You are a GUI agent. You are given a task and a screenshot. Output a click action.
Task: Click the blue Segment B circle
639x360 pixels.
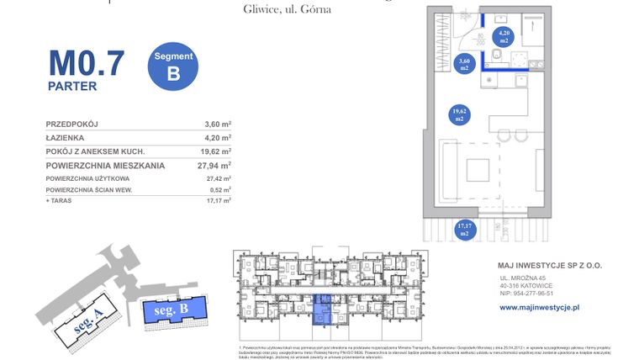(173, 66)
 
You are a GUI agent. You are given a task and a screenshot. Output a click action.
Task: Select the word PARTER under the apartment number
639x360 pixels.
(72, 86)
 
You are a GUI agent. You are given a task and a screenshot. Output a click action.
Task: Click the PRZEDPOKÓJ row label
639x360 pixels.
(71, 124)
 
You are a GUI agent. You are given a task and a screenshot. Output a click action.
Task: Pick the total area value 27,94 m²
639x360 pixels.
(215, 166)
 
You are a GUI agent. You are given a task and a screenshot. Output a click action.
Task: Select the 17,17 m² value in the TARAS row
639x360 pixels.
(218, 201)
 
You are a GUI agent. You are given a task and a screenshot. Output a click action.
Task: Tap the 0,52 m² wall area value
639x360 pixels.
(218, 190)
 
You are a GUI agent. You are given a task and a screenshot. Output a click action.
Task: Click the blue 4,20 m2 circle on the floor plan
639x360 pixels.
(504, 36)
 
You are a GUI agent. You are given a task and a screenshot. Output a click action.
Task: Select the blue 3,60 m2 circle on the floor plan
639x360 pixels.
(462, 63)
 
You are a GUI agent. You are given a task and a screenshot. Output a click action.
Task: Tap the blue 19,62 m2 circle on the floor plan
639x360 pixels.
(459, 115)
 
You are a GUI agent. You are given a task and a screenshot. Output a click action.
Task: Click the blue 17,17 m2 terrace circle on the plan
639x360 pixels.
(463, 229)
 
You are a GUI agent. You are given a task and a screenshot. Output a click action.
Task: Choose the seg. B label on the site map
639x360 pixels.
(171, 311)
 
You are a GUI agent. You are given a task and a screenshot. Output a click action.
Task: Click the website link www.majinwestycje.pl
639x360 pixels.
(539, 308)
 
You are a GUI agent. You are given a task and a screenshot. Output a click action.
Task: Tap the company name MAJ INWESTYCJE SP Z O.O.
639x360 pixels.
(550, 266)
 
